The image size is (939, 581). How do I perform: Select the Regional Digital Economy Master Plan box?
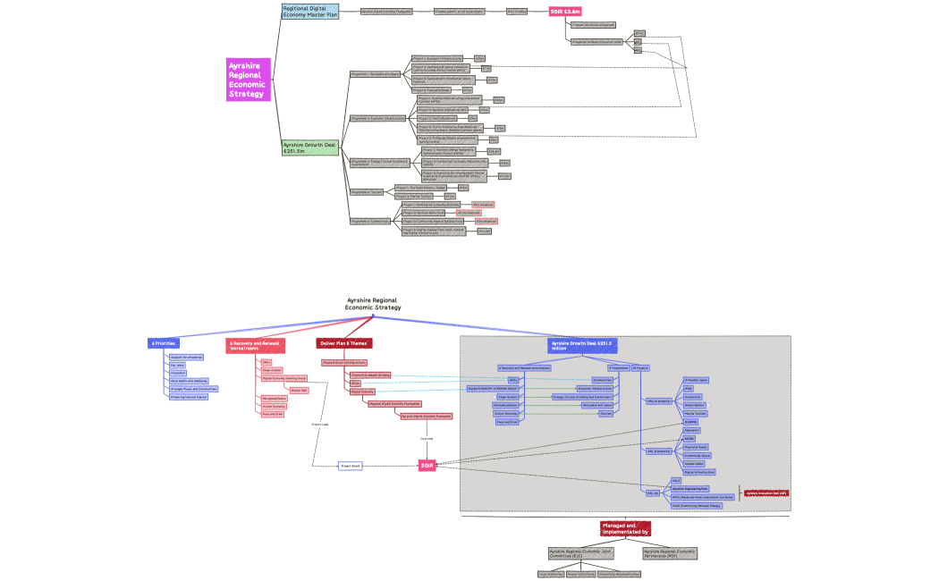(309, 12)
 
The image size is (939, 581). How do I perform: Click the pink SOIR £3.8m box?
(565, 12)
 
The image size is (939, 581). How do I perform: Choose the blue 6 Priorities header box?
(164, 343)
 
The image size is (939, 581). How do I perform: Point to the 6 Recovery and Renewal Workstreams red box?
(255, 345)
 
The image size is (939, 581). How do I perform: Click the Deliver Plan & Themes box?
(344, 343)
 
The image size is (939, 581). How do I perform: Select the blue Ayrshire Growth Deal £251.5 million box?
(583, 345)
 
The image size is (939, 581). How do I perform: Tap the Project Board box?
(350, 466)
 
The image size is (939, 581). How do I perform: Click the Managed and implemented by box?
(625, 528)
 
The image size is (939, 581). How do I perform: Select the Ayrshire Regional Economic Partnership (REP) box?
(670, 554)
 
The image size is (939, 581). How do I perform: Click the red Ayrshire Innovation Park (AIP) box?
(766, 493)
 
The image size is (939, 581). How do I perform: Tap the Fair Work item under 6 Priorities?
(177, 365)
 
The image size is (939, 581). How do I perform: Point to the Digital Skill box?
(299, 391)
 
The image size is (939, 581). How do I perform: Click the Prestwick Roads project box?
(697, 447)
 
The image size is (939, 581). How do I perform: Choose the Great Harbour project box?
(695, 405)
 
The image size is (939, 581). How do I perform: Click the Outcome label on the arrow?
(427, 439)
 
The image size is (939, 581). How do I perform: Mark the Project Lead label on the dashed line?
(320, 424)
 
